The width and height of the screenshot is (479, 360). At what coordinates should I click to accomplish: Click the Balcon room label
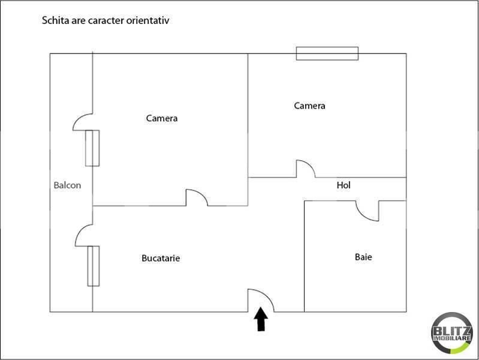point(67,185)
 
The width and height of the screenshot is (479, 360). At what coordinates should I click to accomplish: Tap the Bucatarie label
point(161,259)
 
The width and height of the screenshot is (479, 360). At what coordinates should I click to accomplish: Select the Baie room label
point(363,257)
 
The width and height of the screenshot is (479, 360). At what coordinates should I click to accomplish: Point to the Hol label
point(344,185)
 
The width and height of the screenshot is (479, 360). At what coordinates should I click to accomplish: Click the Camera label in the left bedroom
point(162,118)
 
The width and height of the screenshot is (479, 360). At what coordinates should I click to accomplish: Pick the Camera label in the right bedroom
point(309,106)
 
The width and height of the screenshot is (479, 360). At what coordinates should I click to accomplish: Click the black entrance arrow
point(261,319)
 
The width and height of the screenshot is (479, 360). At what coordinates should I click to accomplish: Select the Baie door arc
point(367,211)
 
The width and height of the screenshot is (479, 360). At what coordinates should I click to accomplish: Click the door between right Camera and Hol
point(306,169)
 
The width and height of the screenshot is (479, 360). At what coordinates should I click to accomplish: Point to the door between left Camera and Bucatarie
point(197,197)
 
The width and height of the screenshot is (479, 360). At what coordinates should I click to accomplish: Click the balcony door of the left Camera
point(83,122)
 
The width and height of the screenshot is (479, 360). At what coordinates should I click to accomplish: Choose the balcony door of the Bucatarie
point(84,235)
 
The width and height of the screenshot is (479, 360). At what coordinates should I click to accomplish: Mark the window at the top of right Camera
point(327,53)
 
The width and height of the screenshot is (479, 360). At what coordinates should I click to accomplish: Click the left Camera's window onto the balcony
point(92,148)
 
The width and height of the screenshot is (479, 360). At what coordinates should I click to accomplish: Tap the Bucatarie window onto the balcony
point(93,266)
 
